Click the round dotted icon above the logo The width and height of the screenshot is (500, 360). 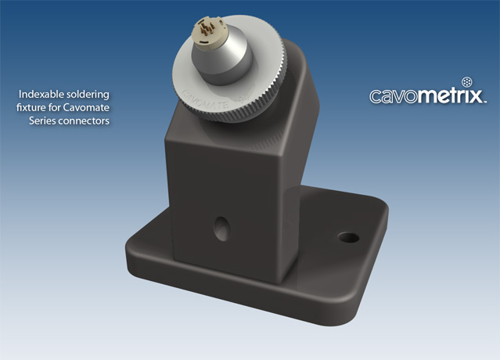point(468,81)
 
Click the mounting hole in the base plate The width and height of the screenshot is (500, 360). point(344,236)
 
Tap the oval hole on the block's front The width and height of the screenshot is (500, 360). point(220,228)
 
